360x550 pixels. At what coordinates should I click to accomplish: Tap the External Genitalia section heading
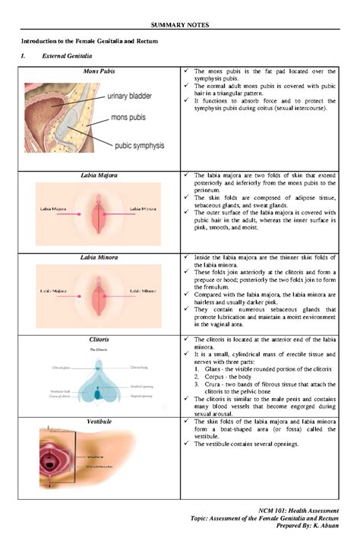(x=68, y=56)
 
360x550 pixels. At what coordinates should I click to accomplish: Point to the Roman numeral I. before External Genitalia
(x=24, y=56)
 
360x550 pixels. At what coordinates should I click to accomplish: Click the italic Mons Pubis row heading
(x=99, y=71)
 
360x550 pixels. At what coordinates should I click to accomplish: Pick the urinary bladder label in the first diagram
(x=135, y=96)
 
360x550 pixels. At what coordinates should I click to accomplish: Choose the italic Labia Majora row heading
(x=99, y=175)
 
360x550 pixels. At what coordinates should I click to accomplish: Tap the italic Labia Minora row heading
(x=99, y=258)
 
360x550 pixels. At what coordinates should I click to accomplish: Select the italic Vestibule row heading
(x=99, y=420)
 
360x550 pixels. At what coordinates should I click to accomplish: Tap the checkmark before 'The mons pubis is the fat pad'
(x=188, y=71)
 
